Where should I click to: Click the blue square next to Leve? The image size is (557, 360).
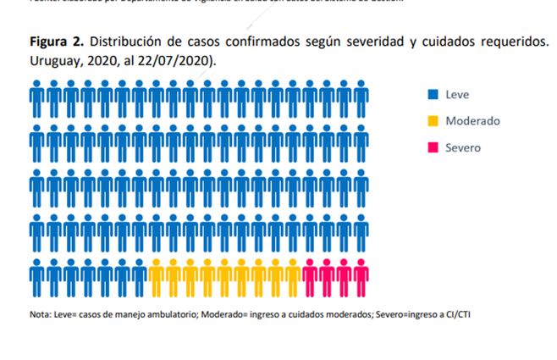click(432, 95)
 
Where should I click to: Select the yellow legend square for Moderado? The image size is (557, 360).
click(432, 121)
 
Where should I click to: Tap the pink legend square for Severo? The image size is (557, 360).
click(432, 147)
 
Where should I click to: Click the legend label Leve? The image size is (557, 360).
click(457, 95)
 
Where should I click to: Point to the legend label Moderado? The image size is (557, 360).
click(472, 121)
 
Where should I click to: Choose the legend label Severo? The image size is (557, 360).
click(463, 147)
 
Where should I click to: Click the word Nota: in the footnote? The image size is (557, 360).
click(41, 315)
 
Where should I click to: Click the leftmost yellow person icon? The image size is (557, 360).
click(157, 274)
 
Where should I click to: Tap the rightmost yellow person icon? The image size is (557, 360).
click(293, 274)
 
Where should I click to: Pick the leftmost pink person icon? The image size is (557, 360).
click(310, 274)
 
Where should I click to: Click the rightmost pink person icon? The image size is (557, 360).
click(361, 274)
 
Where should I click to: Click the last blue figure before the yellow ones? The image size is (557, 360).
click(140, 274)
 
